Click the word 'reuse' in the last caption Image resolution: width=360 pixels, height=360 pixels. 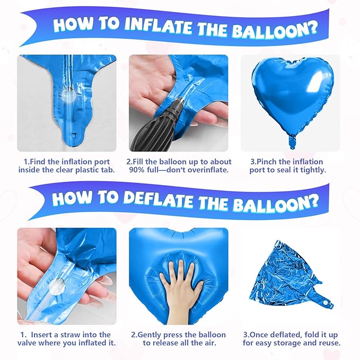click(328, 343)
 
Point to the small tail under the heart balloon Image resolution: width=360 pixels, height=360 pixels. click(291, 142)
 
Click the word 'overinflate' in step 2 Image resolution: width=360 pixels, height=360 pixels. click(205, 170)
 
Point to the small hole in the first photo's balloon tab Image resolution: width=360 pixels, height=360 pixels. click(74, 142)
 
